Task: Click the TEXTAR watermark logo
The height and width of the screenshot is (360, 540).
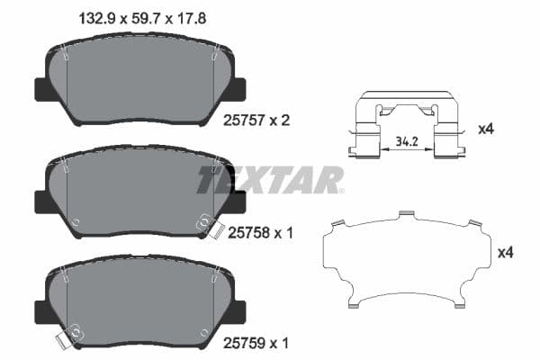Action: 270,179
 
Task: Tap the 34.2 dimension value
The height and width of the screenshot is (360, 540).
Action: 406,140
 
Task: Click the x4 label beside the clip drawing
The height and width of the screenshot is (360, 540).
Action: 486,129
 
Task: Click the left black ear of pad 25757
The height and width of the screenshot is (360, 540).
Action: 41,89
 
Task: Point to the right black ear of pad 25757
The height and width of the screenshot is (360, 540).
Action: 238,89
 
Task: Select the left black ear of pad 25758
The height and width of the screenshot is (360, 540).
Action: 41,201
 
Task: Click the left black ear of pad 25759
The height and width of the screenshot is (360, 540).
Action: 41,312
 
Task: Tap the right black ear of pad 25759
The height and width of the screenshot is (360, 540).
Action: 238,312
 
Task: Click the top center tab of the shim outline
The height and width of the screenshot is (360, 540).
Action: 406,212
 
